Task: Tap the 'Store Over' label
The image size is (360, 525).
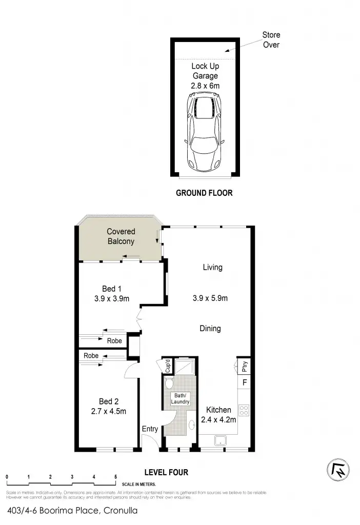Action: point(271,39)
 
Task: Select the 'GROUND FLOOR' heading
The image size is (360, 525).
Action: point(204,193)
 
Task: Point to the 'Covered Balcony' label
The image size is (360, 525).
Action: point(121,236)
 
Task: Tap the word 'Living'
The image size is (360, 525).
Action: point(212,267)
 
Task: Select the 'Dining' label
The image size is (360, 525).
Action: point(210,329)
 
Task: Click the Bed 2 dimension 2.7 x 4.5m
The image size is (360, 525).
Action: point(109,411)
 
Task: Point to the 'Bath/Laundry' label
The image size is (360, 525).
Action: point(180,398)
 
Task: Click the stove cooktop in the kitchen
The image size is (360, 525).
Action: point(245,410)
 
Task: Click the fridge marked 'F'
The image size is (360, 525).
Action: point(245,382)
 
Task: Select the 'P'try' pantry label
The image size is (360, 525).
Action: point(244,366)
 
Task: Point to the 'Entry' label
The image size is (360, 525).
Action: point(150,429)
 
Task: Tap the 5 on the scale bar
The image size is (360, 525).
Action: point(116,477)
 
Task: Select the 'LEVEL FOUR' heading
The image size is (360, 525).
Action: point(166,472)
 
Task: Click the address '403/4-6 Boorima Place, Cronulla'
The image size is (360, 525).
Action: point(73,511)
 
